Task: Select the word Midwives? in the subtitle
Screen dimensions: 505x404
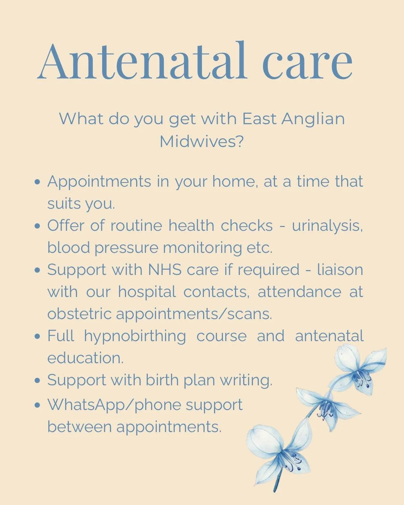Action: (x=202, y=141)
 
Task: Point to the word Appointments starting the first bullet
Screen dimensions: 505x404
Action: (x=99, y=182)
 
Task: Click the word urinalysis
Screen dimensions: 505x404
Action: (x=327, y=226)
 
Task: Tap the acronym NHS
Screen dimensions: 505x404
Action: (x=165, y=270)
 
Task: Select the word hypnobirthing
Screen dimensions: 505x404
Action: (x=135, y=336)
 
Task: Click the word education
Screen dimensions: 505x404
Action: (x=85, y=358)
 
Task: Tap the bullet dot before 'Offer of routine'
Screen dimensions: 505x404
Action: (x=37, y=226)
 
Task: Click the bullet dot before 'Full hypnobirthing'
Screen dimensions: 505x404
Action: (x=37, y=336)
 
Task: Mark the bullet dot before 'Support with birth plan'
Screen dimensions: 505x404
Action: (x=37, y=380)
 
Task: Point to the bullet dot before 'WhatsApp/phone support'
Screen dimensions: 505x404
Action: (x=37, y=405)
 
